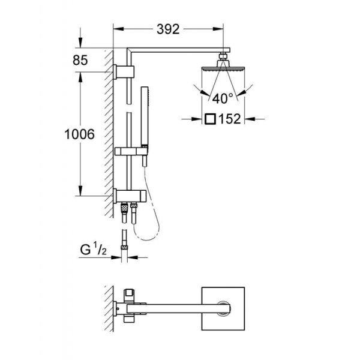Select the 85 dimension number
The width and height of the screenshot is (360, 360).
[x=81, y=60]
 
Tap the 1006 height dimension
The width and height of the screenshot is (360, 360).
[x=79, y=135]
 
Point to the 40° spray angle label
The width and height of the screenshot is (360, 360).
[x=222, y=98]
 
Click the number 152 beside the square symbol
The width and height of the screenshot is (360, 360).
[x=230, y=119]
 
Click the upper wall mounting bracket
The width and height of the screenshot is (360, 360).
[x=125, y=71]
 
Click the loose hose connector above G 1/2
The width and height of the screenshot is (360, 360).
[x=124, y=238]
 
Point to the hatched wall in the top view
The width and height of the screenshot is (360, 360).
[x=109, y=306]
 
